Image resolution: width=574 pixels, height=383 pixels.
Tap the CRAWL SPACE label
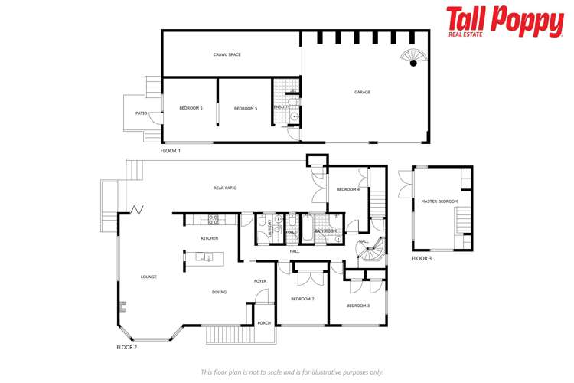[x=227, y=54]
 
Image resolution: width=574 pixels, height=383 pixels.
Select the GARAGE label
[x=362, y=92]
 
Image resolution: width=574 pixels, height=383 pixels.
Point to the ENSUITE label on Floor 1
[x=282, y=107]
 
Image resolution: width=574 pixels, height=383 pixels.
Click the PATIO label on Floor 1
[x=141, y=113]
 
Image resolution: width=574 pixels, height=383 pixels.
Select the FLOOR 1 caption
[x=171, y=151]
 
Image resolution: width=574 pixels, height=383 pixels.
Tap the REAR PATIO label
[x=225, y=188]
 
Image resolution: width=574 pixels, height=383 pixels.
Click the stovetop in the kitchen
[x=214, y=220]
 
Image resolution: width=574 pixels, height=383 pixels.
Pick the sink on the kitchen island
[x=206, y=257]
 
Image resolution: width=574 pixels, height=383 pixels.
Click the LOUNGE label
[x=148, y=277]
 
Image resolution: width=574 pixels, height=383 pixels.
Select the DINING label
[x=219, y=292]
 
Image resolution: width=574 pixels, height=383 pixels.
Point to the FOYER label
[x=260, y=281]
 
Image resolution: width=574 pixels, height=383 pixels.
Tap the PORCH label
[x=263, y=322]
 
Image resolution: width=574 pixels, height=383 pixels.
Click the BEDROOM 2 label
[x=302, y=298]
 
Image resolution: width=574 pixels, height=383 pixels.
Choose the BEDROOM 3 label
[x=357, y=306]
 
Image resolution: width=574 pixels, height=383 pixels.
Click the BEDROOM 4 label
[x=347, y=189]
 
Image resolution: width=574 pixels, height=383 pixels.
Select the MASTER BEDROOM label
[x=439, y=201]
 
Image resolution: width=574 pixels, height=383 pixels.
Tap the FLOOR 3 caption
[x=422, y=259]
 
